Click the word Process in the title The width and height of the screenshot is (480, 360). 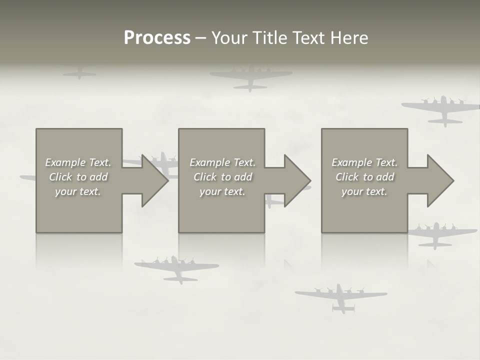tap(157, 38)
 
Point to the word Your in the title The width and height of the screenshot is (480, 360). tap(229, 38)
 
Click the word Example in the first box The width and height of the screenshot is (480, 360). tap(65, 162)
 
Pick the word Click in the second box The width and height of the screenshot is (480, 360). tap(205, 177)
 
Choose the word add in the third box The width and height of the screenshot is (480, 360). tap(385, 177)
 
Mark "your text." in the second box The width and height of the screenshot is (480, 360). tap(222, 191)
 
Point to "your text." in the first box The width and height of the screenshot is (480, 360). tap(78, 191)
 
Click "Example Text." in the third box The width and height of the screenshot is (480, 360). tap(364, 162)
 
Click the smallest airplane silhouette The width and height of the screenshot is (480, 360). tap(79, 73)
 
